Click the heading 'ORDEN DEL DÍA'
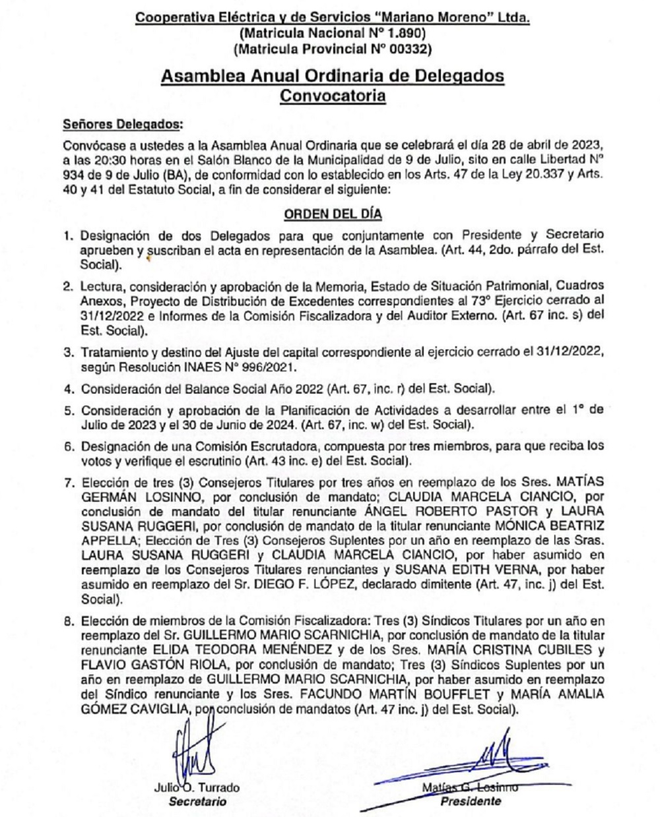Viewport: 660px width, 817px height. click(x=333, y=214)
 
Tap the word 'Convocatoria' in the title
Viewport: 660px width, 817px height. click(x=333, y=96)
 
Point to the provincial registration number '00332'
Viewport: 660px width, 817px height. click(x=410, y=48)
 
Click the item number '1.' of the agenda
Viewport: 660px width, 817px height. click(x=68, y=235)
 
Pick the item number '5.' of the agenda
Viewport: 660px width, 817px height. click(x=68, y=409)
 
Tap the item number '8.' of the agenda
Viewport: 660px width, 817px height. click(x=68, y=621)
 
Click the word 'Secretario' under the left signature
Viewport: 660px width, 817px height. click(x=197, y=802)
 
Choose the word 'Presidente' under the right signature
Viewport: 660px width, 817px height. click(x=470, y=802)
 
